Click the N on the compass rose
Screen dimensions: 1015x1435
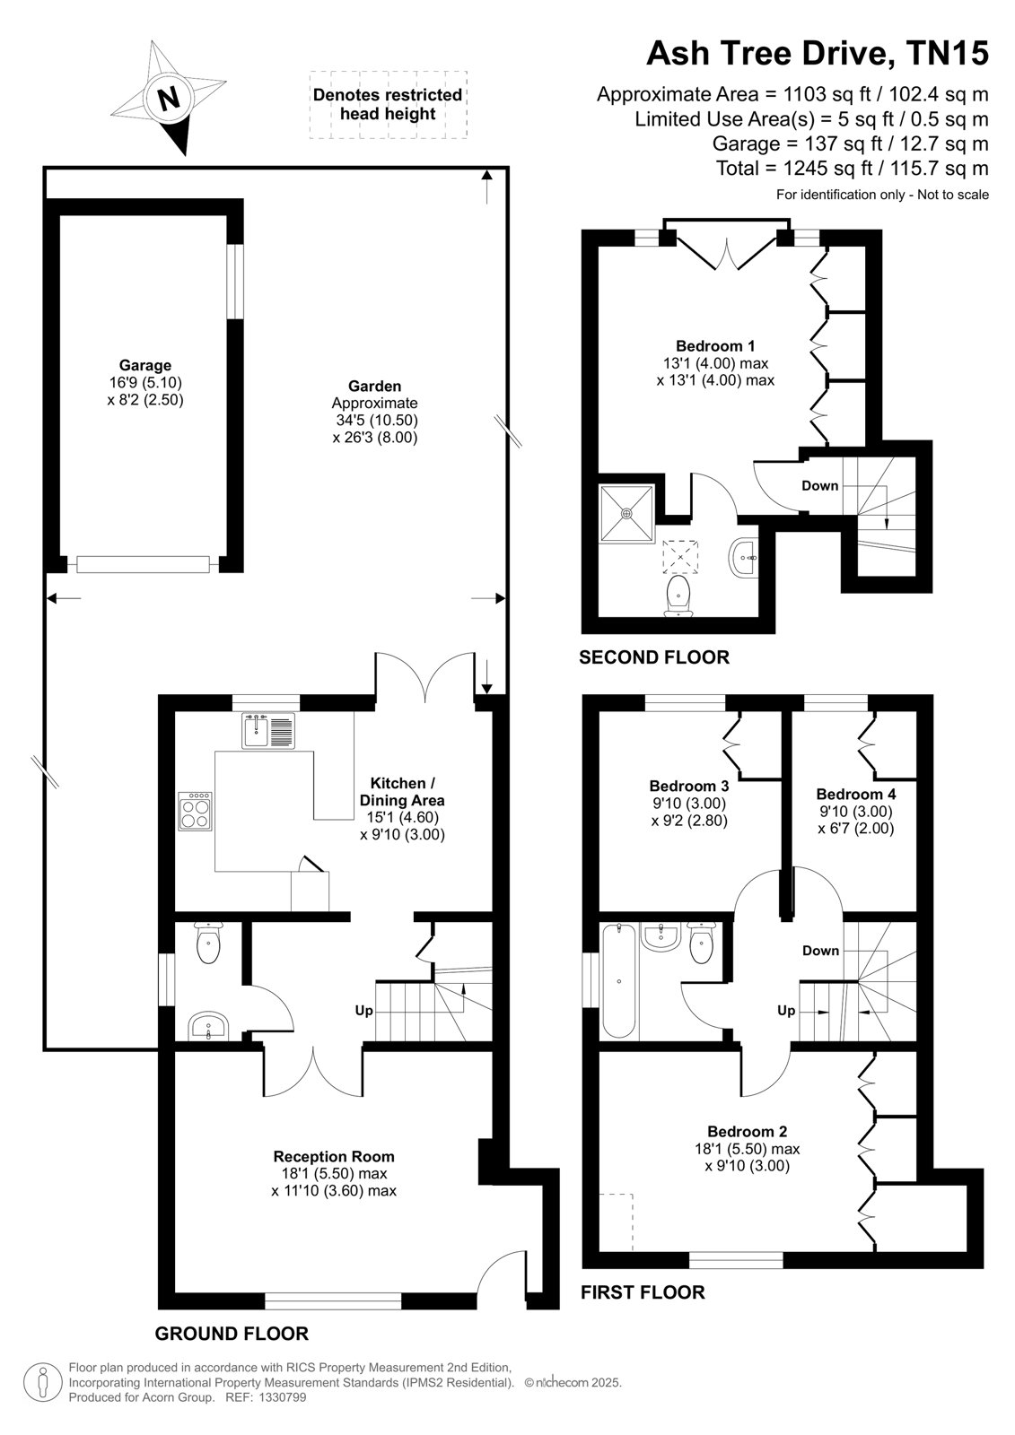pos(168,100)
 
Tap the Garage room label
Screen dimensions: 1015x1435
pos(144,365)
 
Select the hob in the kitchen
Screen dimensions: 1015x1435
pos(195,811)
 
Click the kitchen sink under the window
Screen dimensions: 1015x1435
pos(268,730)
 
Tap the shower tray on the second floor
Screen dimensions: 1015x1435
pos(626,514)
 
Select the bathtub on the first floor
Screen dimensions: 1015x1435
pos(618,981)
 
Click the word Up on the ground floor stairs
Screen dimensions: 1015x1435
pos(363,1010)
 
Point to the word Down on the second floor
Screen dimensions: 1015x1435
pos(819,485)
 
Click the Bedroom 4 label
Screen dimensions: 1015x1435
pos(855,794)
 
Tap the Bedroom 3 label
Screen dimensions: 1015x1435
pos(688,786)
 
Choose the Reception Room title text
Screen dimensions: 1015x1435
pos(334,1156)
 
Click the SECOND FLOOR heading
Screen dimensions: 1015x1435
pos(654,657)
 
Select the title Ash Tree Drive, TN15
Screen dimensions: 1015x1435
pos(818,54)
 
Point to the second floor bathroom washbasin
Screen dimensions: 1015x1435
pos(744,558)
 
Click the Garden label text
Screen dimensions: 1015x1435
pos(374,386)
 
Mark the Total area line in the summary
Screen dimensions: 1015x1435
pos(853,169)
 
